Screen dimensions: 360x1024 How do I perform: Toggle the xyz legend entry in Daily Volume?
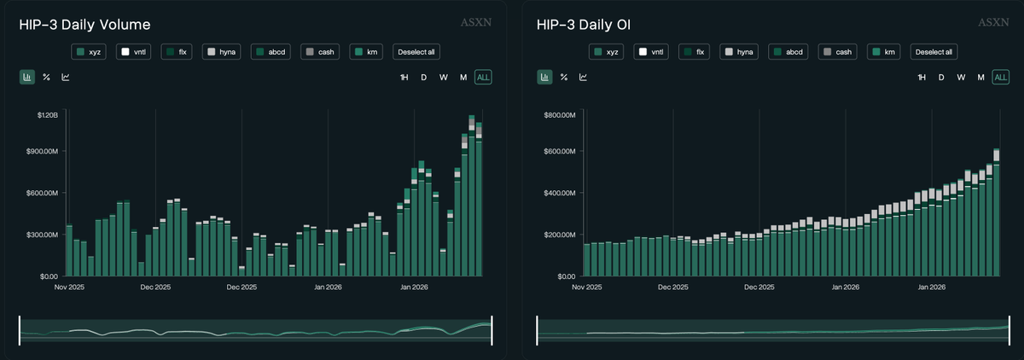(89, 52)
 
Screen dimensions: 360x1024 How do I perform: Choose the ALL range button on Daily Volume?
(483, 78)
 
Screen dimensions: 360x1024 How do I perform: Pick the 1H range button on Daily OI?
(922, 78)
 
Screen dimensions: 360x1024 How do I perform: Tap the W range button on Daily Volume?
(444, 78)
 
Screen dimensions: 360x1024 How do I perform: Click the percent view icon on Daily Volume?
(47, 78)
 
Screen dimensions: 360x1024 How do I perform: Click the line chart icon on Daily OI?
(584, 78)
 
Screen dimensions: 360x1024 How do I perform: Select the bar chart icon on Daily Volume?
(27, 78)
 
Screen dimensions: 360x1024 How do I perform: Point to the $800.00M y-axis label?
(561, 113)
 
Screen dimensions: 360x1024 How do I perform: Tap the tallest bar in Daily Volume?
(472, 196)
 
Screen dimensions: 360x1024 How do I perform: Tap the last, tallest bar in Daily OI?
(996, 213)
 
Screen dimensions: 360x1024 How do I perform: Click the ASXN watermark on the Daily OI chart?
(993, 22)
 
